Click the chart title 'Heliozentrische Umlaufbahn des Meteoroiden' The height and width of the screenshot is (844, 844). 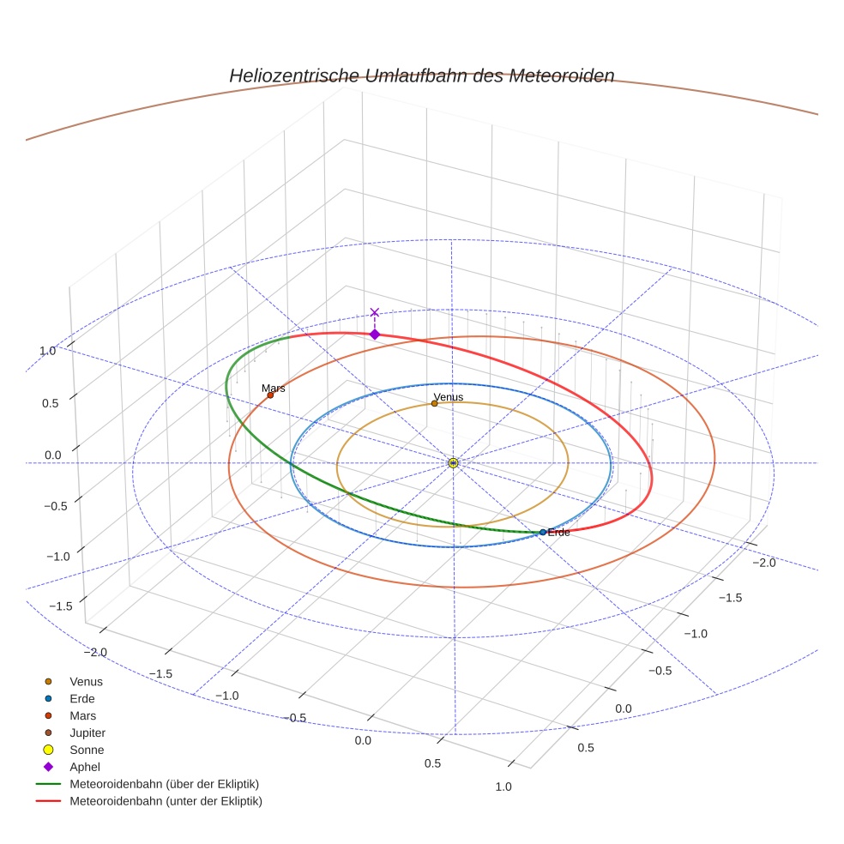tap(421, 75)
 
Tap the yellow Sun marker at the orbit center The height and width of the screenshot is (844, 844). tap(453, 463)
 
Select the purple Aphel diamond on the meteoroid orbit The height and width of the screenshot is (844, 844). tap(374, 334)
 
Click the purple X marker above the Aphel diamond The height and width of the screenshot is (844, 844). tap(374, 313)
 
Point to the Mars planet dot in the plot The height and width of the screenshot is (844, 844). tap(270, 395)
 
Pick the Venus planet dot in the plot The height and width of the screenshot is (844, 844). tap(434, 403)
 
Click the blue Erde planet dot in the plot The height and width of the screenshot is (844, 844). tap(543, 532)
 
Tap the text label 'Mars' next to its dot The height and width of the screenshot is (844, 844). tap(273, 388)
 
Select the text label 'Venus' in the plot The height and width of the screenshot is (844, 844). tap(449, 396)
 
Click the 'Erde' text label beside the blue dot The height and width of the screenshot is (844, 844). tap(558, 533)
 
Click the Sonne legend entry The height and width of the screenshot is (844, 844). tap(87, 750)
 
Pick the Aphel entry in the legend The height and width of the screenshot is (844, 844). tap(85, 767)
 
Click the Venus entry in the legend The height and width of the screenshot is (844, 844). tap(86, 681)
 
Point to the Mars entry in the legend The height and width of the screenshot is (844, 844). tap(82, 715)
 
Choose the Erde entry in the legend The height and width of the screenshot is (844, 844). tap(82, 698)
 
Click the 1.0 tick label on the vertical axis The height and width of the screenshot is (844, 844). tap(47, 351)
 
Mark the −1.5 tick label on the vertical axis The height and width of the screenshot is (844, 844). tap(59, 606)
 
